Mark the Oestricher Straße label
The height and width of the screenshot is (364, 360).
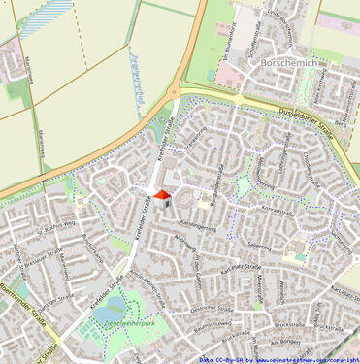point(211,308)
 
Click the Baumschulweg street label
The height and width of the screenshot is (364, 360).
point(209,326)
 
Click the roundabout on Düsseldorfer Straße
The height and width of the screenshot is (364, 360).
point(174,93)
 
